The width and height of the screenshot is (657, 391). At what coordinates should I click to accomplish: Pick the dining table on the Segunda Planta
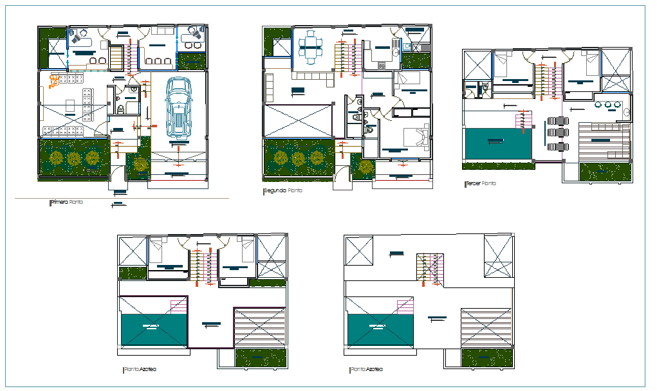[x=311, y=48]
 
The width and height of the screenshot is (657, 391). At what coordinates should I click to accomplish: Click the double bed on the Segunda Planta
[x=414, y=138]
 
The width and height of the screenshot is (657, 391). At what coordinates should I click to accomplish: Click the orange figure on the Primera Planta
[x=55, y=80]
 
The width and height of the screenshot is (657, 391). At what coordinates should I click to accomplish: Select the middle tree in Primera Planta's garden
[x=75, y=158]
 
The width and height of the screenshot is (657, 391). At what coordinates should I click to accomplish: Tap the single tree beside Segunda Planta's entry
[x=366, y=167]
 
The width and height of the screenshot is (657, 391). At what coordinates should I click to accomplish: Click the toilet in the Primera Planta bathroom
[x=121, y=108]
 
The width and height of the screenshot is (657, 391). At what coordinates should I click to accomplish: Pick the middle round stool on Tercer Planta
[x=608, y=104]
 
